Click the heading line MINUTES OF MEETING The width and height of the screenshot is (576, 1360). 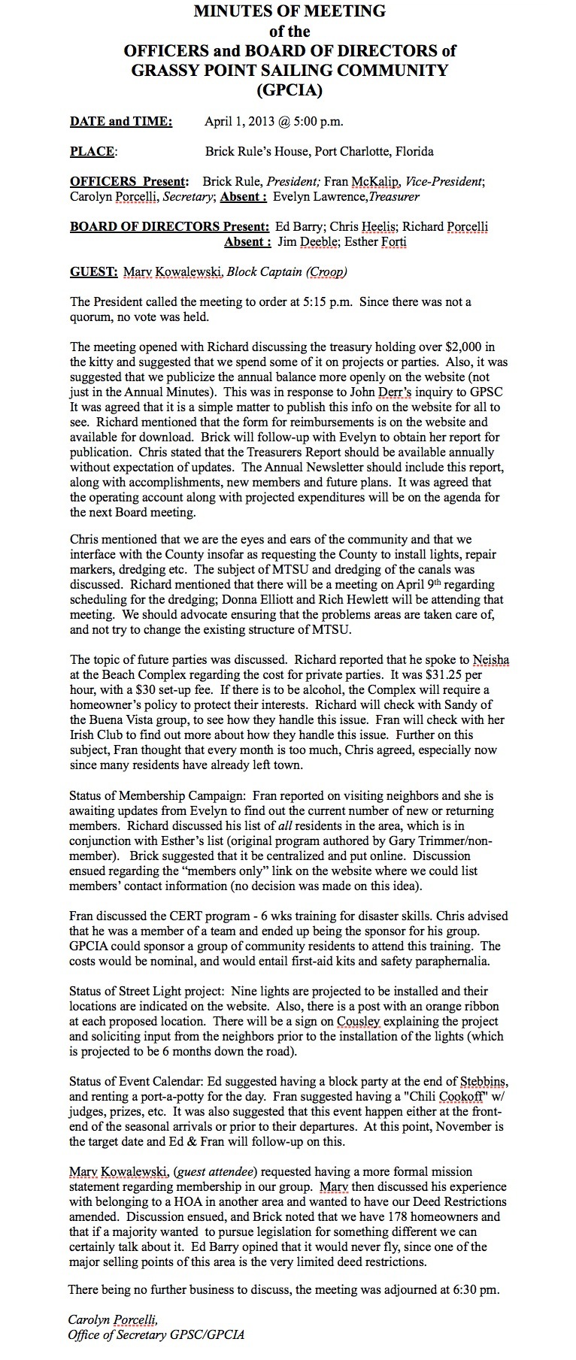click(x=290, y=11)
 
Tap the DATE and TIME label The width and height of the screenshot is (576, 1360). click(x=121, y=121)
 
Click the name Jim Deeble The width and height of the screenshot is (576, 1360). click(x=305, y=241)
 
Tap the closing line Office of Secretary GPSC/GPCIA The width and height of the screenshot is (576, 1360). click(x=156, y=1335)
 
